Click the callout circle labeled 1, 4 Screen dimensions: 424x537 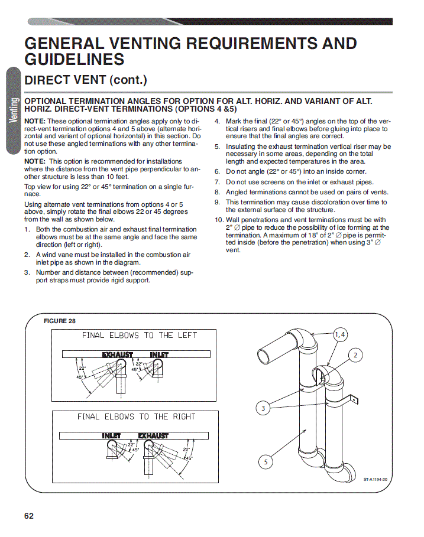pyautogui.click(x=339, y=334)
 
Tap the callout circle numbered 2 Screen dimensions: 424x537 pyautogui.click(x=355, y=355)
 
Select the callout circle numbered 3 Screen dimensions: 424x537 pyautogui.click(x=263, y=408)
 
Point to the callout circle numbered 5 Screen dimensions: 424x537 pyautogui.click(x=266, y=462)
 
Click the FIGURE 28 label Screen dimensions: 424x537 pyautogui.click(x=60, y=321)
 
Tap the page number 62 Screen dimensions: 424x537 pyautogui.click(x=29, y=516)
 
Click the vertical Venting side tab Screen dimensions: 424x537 pyautogui.click(x=14, y=110)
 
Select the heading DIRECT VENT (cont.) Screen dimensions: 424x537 pyautogui.click(x=86, y=80)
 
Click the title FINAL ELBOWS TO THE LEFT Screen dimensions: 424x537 pyautogui.click(x=140, y=335)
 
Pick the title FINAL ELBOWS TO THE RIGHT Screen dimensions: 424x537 pyautogui.click(x=136, y=416)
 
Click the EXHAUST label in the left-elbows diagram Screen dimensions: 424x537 pyautogui.click(x=118, y=354)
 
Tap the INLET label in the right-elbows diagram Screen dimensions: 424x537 pyautogui.click(x=111, y=435)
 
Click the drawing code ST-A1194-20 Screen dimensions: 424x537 pyautogui.click(x=376, y=480)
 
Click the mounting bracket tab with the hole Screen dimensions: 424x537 pyautogui.click(x=353, y=399)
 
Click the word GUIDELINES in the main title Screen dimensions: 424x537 pyautogui.click(x=75, y=59)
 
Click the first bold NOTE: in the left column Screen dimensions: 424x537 pyautogui.click(x=35, y=121)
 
